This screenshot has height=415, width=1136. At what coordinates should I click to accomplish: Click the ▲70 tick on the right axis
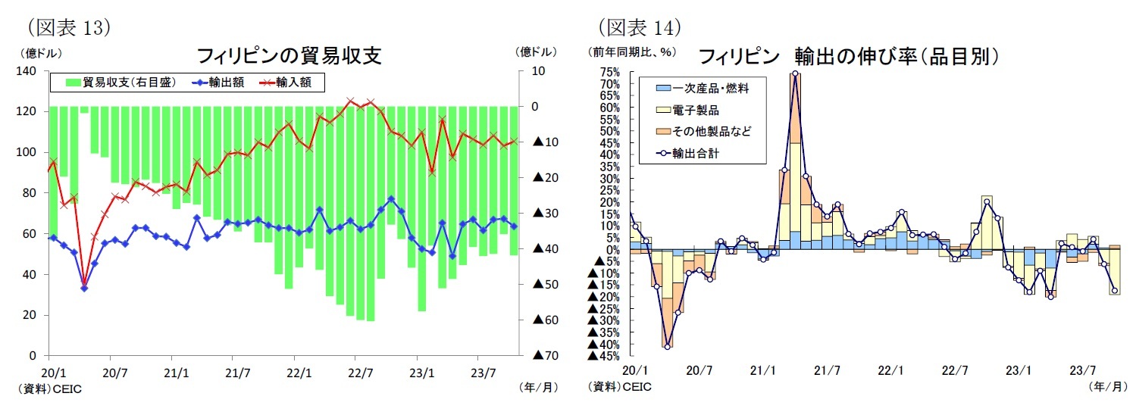pyautogui.click(x=546, y=355)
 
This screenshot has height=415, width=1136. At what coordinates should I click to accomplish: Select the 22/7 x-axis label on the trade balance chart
pyautogui.click(x=361, y=373)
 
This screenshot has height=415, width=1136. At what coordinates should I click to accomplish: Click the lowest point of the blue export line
pyautogui.click(x=84, y=288)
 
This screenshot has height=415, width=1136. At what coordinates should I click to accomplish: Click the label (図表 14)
pyautogui.click(x=638, y=27)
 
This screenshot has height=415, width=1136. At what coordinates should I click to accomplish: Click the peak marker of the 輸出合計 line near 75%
pyautogui.click(x=794, y=74)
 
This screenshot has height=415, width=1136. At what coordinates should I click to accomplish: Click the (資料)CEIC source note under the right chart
pyautogui.click(x=619, y=387)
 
